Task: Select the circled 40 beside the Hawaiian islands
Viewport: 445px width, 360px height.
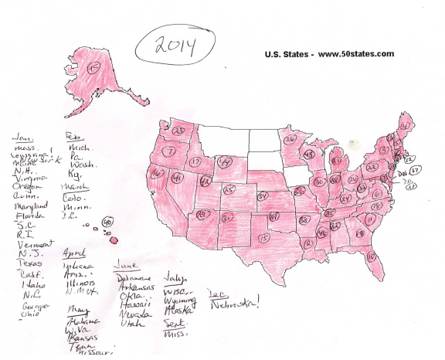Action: click(x=107, y=222)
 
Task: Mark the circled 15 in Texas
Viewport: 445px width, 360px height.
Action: click(x=264, y=237)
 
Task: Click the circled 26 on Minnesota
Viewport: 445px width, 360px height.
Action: click(x=290, y=140)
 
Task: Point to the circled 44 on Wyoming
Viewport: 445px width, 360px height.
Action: click(x=225, y=161)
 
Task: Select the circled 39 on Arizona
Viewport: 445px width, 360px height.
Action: click(x=202, y=213)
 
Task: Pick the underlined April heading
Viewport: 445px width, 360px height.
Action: click(x=74, y=253)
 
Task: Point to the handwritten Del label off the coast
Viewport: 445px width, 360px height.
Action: click(x=400, y=174)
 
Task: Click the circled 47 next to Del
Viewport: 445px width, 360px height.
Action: click(x=415, y=170)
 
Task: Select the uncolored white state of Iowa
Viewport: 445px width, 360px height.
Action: click(x=297, y=175)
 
